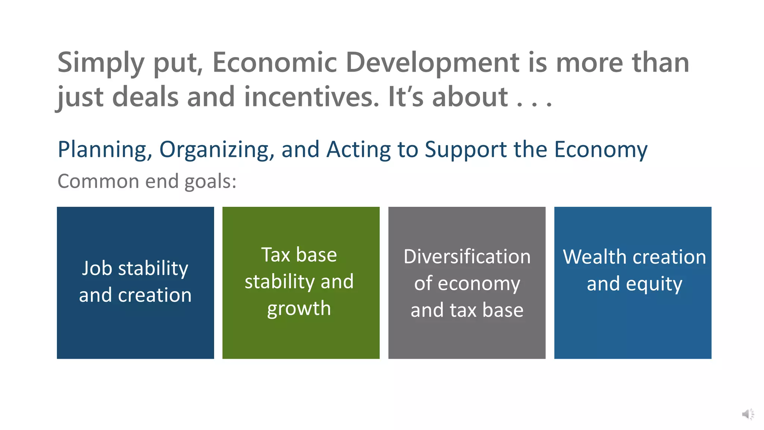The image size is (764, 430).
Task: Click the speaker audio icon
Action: click(748, 414)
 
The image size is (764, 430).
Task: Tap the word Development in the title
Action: click(432, 63)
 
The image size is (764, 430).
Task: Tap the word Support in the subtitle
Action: click(466, 150)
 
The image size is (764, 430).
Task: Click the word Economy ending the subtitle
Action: click(601, 150)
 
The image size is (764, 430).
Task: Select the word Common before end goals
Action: click(98, 181)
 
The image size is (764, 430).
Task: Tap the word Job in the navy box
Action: click(97, 268)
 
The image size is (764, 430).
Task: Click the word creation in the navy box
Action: click(154, 295)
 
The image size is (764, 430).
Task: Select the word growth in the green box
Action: click(299, 309)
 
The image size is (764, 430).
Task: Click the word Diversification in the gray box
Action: click(467, 257)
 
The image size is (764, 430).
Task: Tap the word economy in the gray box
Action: click(479, 284)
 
